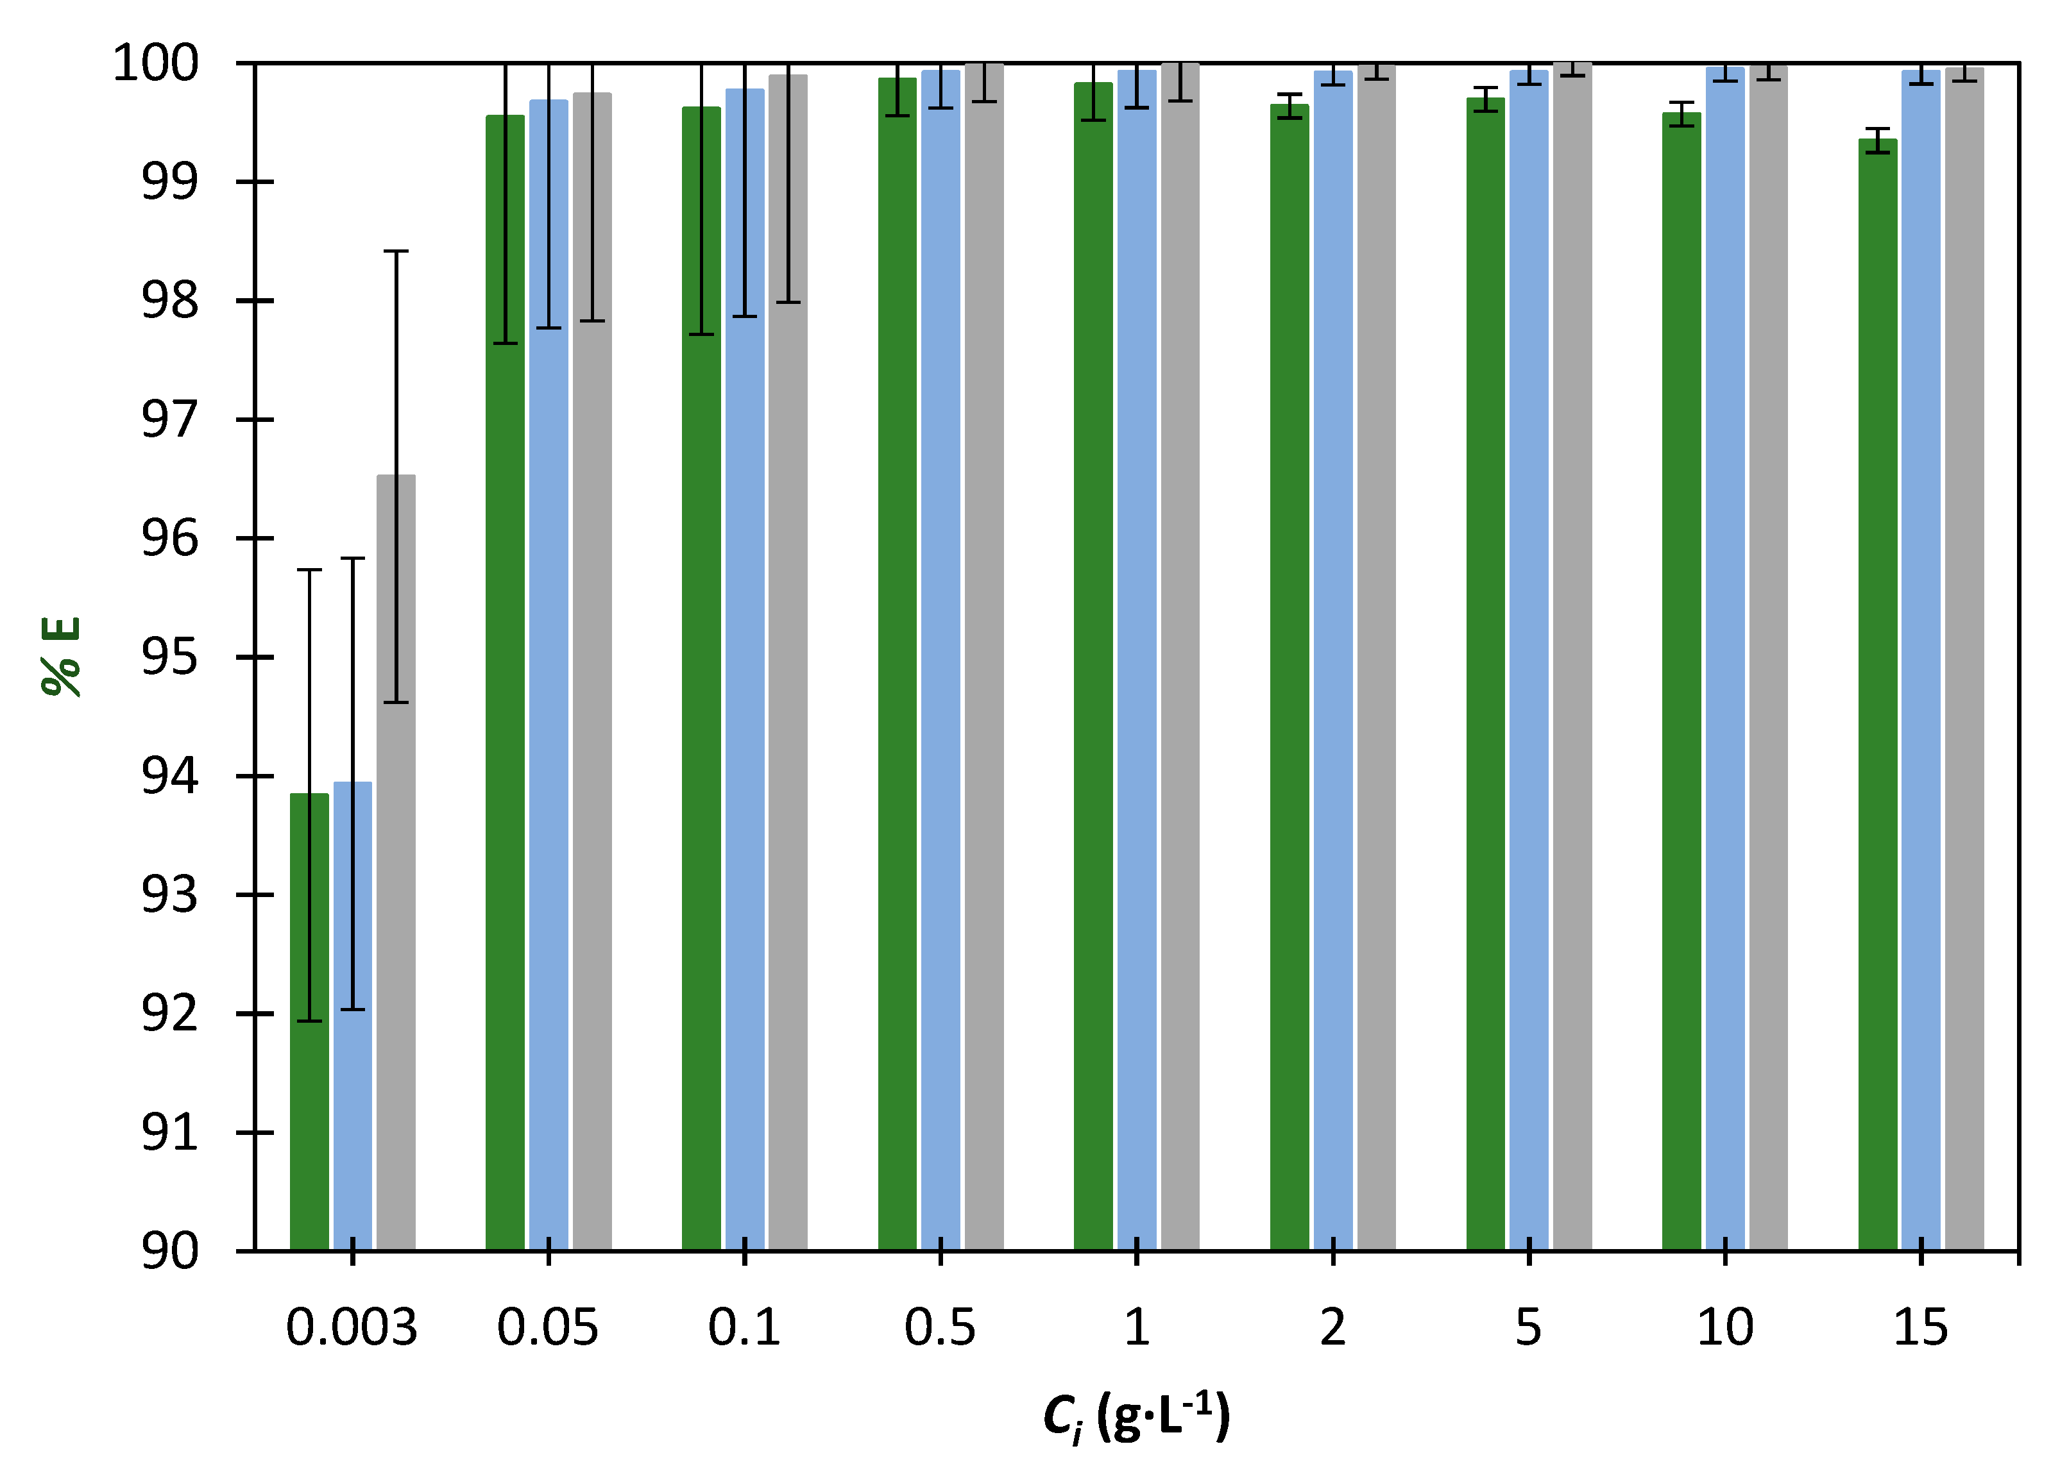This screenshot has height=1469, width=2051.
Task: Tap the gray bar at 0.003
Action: pos(396,904)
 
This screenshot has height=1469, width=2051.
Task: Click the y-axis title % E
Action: pos(62,657)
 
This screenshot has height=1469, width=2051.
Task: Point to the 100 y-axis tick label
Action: pos(155,64)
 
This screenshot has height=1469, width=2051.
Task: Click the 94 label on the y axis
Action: pos(169,776)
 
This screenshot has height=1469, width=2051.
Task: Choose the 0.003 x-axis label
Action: pos(352,1328)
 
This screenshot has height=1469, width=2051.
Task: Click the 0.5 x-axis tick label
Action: pos(940,1328)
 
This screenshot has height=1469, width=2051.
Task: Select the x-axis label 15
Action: pos(1921,1328)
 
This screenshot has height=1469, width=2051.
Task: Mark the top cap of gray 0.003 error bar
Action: pos(396,251)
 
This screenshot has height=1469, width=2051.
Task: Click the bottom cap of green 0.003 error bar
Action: pos(309,1021)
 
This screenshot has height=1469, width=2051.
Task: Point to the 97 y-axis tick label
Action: pos(169,421)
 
